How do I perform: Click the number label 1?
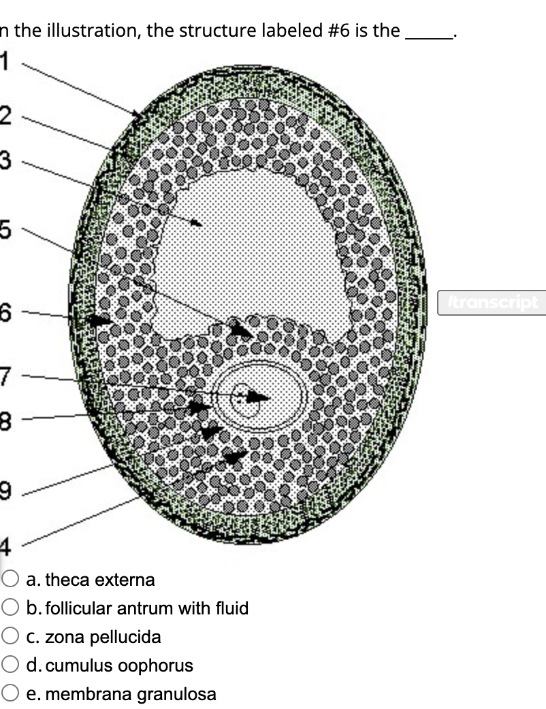[x=5, y=62]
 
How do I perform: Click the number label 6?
[x=5, y=312]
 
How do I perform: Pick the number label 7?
[x=5, y=376]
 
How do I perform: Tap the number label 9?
[x=5, y=489]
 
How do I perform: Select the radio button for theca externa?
[x=11, y=580]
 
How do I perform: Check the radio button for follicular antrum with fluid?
[x=11, y=608]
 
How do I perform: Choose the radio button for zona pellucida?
[x=11, y=637]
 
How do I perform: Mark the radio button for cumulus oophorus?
[x=11, y=665]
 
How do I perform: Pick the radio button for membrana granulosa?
[x=11, y=694]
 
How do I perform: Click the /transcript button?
[x=491, y=301]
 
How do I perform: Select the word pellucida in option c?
[x=128, y=638]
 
